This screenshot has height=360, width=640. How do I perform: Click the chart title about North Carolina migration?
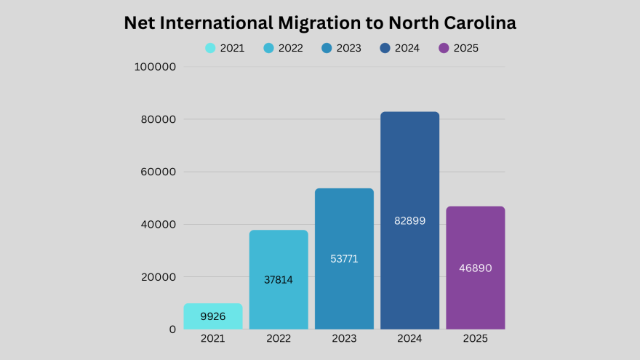tap(320, 23)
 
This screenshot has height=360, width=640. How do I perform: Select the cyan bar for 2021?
tap(213, 316)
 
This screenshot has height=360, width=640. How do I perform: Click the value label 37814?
tap(279, 279)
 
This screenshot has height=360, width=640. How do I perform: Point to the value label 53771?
tap(344, 259)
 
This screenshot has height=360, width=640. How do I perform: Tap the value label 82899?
tap(409, 220)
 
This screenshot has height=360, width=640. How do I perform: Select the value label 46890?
tap(475, 268)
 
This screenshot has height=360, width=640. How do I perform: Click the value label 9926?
tap(213, 317)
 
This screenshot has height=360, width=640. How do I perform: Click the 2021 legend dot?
tap(210, 49)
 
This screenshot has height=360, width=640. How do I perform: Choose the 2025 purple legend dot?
tap(443, 49)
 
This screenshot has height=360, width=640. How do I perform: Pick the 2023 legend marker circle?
tap(327, 49)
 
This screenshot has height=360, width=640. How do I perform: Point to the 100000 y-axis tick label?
tap(156, 67)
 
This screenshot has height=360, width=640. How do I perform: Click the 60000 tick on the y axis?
tap(159, 172)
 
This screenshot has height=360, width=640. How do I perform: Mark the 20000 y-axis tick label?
tap(159, 277)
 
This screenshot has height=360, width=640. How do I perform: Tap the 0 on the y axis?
tap(172, 329)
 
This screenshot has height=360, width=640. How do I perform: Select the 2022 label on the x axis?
tap(279, 339)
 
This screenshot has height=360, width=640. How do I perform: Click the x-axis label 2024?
tap(409, 339)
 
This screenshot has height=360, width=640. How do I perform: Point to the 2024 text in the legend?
tap(407, 49)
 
